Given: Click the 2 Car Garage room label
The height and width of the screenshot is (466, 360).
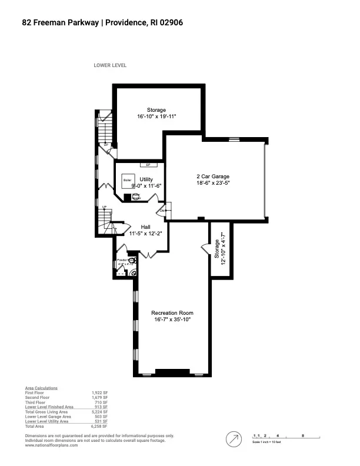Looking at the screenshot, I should click(212, 177).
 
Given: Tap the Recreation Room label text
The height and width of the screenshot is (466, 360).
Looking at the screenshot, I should click(172, 312).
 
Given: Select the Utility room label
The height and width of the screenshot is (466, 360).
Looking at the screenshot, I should click(146, 179).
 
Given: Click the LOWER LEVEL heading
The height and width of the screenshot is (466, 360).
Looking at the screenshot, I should click(110, 65).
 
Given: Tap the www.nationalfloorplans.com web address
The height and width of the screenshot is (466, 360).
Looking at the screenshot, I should click(52, 445).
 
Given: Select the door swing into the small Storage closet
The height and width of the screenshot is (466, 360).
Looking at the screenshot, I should click(205, 249).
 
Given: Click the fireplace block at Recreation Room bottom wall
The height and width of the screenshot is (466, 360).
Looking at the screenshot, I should click(172, 371).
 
